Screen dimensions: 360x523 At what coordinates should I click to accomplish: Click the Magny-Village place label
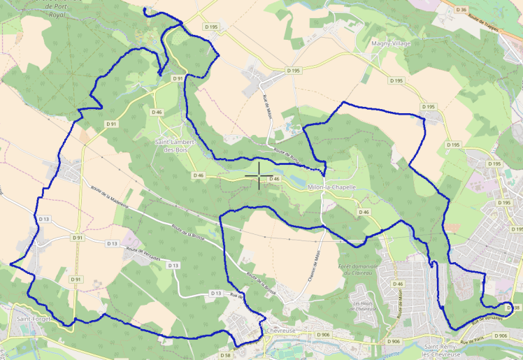click(x=391, y=43)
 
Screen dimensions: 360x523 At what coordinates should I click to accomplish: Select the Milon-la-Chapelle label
click(x=332, y=187)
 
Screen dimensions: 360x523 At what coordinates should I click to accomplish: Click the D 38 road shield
click(x=513, y=308)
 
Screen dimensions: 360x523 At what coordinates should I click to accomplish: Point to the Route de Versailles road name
click(x=143, y=254)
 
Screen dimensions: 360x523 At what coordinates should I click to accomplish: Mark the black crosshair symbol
click(x=259, y=175)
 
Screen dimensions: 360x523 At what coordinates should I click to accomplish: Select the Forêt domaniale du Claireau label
click(x=357, y=270)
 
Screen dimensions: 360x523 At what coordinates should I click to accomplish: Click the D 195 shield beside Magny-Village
click(x=396, y=80)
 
